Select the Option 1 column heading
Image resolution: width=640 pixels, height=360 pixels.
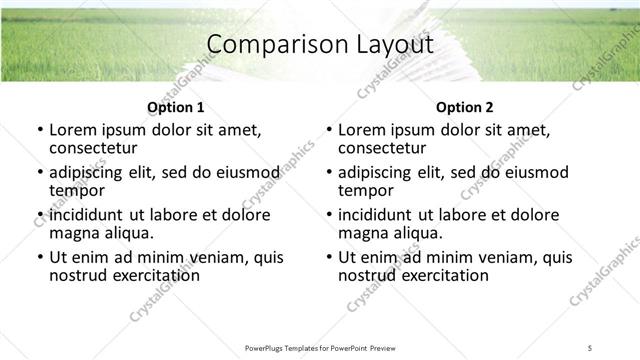[176, 107]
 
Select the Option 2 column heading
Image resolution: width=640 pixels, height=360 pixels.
[465, 107]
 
